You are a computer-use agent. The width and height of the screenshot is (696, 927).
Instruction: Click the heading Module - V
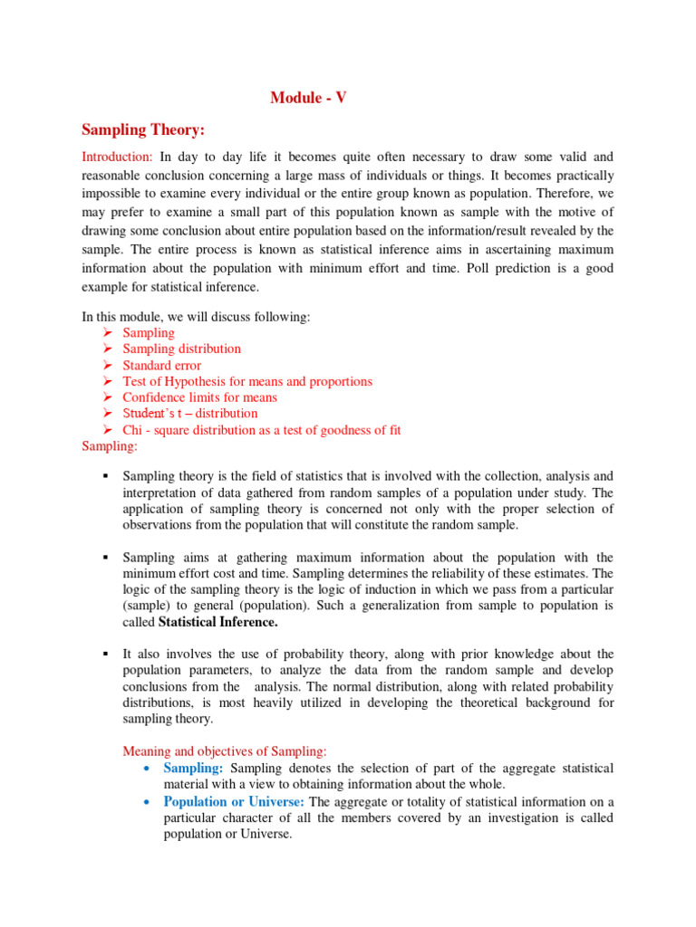click(308, 98)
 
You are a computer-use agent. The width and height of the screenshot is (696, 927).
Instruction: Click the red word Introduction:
click(117, 158)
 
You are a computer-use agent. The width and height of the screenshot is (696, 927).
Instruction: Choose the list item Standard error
click(162, 365)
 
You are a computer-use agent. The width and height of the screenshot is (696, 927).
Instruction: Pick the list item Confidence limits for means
click(199, 397)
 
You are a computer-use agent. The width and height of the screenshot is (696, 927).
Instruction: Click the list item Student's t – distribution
click(189, 414)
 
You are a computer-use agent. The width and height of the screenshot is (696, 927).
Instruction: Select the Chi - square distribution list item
click(261, 430)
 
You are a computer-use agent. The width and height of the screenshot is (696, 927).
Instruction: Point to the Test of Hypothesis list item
click(246, 381)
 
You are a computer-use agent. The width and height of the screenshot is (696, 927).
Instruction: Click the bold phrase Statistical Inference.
click(218, 623)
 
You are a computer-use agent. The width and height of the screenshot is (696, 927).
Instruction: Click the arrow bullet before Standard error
click(107, 365)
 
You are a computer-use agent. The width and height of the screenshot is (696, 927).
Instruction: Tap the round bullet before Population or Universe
click(147, 802)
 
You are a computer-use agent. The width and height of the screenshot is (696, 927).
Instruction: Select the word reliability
click(441, 574)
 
